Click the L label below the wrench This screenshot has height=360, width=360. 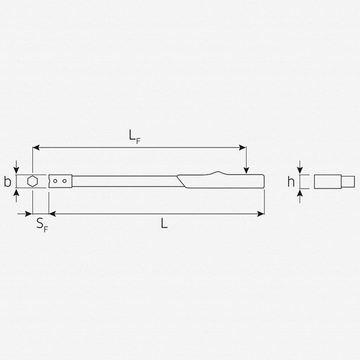click(164, 224)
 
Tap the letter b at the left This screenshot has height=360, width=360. click(7, 181)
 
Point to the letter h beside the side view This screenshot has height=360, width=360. click(290, 181)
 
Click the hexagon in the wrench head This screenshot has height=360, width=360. click(32, 181)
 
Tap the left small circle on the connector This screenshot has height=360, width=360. click(56, 181)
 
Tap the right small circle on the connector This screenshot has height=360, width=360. click(64, 181)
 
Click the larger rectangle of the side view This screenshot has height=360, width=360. click(327, 181)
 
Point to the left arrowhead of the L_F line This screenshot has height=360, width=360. click(35, 147)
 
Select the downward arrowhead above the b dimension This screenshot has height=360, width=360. click(17, 170)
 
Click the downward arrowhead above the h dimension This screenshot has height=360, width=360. click(300, 170)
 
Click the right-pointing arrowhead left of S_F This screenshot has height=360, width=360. click(29, 213)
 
